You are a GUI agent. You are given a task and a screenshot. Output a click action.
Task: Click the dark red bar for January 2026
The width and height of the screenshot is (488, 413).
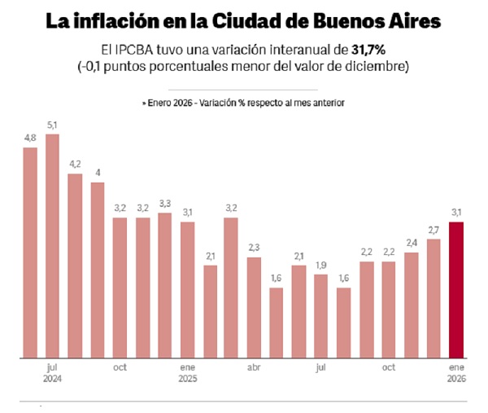click(x=456, y=290)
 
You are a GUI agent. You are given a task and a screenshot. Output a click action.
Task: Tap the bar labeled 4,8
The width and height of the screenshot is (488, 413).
click(x=30, y=253)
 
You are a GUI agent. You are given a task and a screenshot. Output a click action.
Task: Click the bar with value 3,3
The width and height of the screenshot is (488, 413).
click(x=165, y=286)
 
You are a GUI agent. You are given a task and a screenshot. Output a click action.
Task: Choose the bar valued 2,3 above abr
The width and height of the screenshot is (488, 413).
click(x=254, y=308)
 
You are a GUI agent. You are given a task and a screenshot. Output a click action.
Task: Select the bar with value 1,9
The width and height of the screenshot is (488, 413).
click(x=321, y=316)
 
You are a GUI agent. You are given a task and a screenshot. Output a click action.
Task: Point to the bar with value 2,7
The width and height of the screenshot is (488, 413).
click(x=434, y=298)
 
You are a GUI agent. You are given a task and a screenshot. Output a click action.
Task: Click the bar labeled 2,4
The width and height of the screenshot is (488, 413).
click(x=412, y=305)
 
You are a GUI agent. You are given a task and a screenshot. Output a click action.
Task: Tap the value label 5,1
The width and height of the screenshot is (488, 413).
click(x=53, y=125)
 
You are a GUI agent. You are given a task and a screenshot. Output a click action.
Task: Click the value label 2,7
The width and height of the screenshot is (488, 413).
click(x=434, y=231)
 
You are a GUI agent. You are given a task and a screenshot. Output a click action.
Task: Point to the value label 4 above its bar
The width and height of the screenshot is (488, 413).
click(x=98, y=173)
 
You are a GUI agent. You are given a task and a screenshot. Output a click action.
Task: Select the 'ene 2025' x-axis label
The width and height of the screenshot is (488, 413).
click(x=188, y=372)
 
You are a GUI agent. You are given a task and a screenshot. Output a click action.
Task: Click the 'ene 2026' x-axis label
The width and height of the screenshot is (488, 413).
click(x=456, y=372)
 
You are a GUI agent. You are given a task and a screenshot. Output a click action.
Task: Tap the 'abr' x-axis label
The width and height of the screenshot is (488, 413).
click(x=254, y=367)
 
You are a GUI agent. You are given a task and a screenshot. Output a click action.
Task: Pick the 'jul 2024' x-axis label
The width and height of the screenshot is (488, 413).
click(x=53, y=372)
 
